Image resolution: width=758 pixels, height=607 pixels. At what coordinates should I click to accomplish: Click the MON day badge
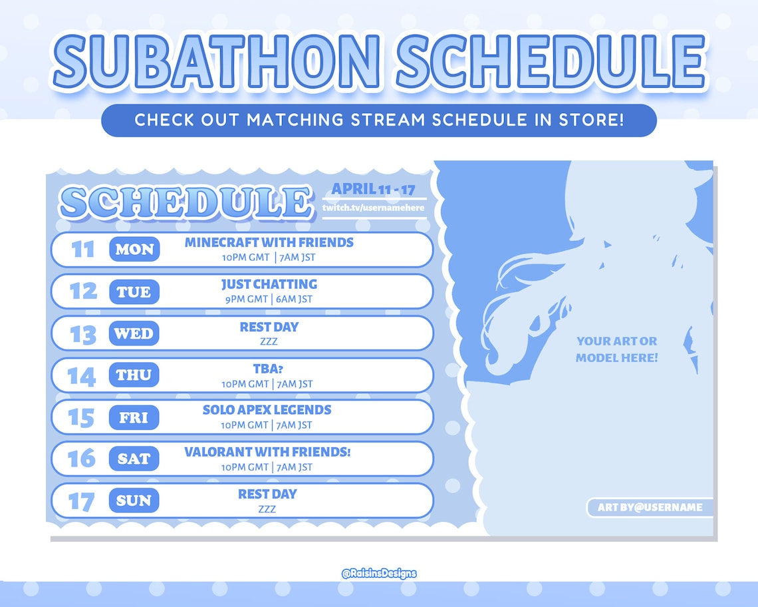coord(134,250)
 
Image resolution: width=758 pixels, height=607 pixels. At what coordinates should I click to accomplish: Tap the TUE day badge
coord(134,292)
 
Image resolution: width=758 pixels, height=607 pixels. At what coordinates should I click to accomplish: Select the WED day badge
coord(134,333)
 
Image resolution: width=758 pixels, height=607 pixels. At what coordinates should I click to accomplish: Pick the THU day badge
coord(134,375)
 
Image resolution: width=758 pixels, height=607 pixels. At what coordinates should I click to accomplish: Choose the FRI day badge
coord(134,417)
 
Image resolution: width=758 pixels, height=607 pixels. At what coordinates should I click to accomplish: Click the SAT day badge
coord(134,459)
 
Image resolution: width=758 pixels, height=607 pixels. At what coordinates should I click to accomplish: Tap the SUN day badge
coord(134,501)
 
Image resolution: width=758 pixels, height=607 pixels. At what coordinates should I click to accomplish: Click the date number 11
coord(83,250)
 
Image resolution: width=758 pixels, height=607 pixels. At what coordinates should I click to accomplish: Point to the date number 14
coord(82,375)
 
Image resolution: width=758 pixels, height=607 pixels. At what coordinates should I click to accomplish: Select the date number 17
coord(82,501)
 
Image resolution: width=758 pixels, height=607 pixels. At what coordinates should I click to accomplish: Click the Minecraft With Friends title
coord(269,242)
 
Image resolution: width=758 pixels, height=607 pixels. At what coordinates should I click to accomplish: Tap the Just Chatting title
coord(269,284)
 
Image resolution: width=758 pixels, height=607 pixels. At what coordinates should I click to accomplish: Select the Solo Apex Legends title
coord(267,410)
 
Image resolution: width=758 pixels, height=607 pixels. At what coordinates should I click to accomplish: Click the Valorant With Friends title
coord(267,452)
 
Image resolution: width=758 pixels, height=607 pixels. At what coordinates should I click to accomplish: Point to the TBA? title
coord(268,368)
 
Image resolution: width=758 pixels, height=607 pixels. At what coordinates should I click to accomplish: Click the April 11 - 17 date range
coord(373,189)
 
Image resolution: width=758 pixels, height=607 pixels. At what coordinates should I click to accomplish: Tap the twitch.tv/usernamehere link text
coord(373,208)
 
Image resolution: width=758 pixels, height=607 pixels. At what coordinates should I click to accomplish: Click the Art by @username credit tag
coord(650,507)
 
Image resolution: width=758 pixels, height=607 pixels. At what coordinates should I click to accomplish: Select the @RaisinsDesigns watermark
coord(378,573)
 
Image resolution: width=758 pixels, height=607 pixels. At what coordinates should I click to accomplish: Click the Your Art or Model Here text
coord(616,349)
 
